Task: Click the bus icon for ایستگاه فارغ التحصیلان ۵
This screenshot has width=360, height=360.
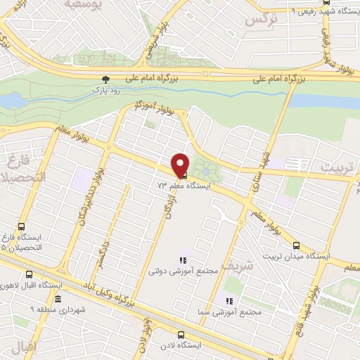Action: click(x=21, y=227)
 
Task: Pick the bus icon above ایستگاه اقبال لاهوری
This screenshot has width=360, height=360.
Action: click(x=29, y=275)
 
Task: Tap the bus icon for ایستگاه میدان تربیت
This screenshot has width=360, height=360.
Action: click(x=296, y=246)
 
